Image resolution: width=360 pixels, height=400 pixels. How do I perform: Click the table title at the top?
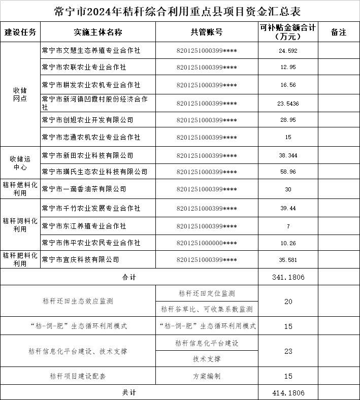tap(180, 11)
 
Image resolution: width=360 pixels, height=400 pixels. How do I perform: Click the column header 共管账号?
tap(207, 32)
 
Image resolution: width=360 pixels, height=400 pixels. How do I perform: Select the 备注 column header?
tap(338, 32)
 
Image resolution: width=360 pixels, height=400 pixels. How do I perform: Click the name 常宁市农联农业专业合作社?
tap(84, 68)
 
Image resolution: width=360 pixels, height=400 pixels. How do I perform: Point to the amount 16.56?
tap(288, 85)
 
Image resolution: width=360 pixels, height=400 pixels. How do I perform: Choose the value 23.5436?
tap(288, 103)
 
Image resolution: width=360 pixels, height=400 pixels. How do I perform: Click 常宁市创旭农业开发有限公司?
tap(87, 120)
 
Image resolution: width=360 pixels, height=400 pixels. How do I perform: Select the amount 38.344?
tap(288, 155)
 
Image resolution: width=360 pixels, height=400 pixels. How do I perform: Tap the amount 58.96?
tap(288, 172)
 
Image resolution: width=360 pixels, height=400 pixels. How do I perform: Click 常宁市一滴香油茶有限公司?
tap(84, 189)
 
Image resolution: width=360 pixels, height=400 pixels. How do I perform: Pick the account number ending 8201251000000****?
tap(207, 243)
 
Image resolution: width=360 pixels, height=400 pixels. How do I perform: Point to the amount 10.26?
tap(288, 243)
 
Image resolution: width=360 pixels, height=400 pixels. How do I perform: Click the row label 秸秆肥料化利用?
tap(20, 259)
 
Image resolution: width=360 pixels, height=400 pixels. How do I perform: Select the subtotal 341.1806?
tap(288, 277)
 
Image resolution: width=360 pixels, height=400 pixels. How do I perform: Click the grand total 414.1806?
tap(288, 393)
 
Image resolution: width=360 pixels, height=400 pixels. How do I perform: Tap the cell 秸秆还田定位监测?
tap(207, 293)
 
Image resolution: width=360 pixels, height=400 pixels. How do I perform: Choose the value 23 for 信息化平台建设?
tap(288, 351)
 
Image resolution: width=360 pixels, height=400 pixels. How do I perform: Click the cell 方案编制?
tap(207, 376)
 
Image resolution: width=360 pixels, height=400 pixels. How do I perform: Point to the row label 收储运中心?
tap(20, 163)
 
